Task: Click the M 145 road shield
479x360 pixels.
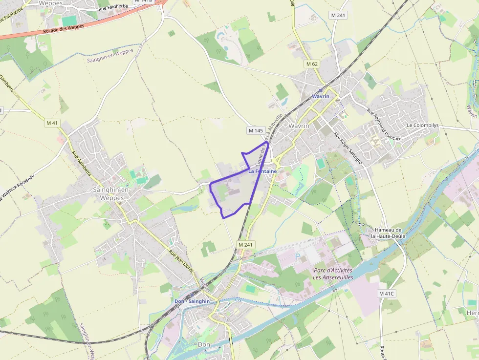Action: tap(256, 130)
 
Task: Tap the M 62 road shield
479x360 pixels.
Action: tap(312, 64)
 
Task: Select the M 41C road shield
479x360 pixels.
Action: tap(386, 294)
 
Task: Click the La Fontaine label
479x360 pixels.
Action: tap(262, 171)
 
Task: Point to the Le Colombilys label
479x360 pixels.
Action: tap(423, 126)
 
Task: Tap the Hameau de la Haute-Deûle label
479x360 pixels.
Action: tap(388, 233)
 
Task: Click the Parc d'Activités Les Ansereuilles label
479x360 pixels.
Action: tap(333, 274)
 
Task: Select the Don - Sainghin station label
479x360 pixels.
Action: tap(192, 301)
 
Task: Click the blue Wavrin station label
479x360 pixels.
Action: tap(321, 96)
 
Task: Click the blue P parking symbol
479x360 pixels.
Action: tap(297, 256)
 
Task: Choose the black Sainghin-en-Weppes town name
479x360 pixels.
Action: tap(111, 193)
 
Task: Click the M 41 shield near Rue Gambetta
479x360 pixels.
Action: tap(52, 123)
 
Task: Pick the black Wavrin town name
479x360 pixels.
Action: tap(299, 126)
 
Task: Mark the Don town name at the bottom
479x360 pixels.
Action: tap(204, 344)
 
